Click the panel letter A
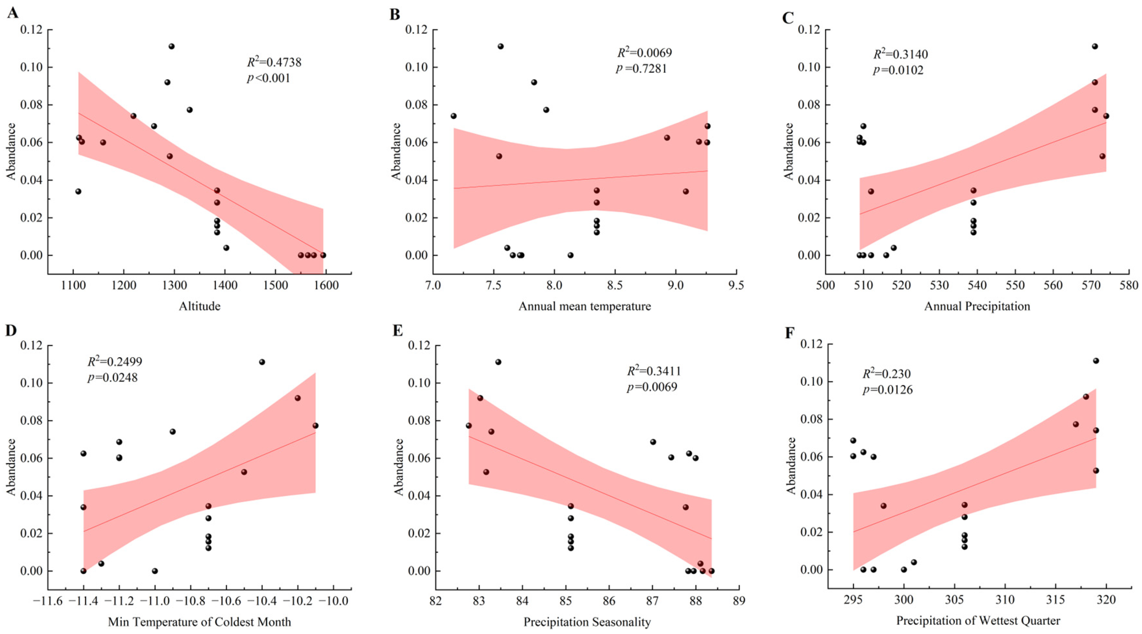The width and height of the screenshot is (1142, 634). [x=12, y=13]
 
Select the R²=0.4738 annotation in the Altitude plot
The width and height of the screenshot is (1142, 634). [x=274, y=62]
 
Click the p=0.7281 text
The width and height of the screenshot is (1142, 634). [x=641, y=69]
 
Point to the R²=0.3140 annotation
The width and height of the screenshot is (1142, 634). [x=900, y=54]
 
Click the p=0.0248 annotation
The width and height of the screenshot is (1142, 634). [x=112, y=378]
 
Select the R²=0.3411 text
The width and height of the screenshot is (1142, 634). [x=653, y=371]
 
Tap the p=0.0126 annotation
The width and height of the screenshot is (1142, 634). [x=887, y=390]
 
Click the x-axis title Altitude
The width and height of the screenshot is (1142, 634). [x=199, y=306]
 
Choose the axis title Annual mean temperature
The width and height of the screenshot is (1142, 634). [x=585, y=306]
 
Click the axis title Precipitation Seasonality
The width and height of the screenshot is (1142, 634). [x=587, y=622]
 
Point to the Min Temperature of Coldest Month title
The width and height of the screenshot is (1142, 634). [x=199, y=622]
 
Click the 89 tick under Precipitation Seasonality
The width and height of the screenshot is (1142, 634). [x=739, y=601]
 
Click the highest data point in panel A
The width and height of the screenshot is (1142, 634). [x=171, y=47]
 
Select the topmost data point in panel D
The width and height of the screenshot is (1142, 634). [x=262, y=362]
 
